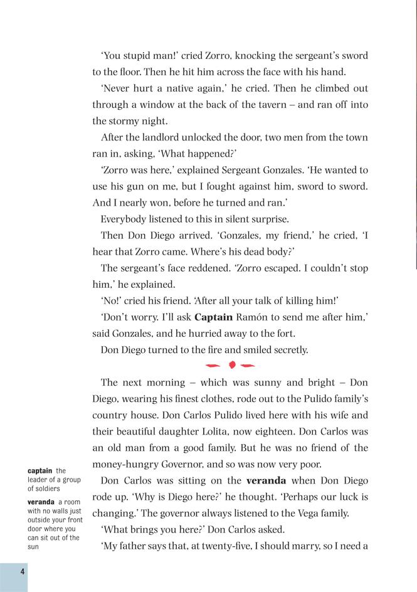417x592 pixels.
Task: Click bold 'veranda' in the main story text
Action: click(266, 481)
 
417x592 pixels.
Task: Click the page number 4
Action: click(22, 572)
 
